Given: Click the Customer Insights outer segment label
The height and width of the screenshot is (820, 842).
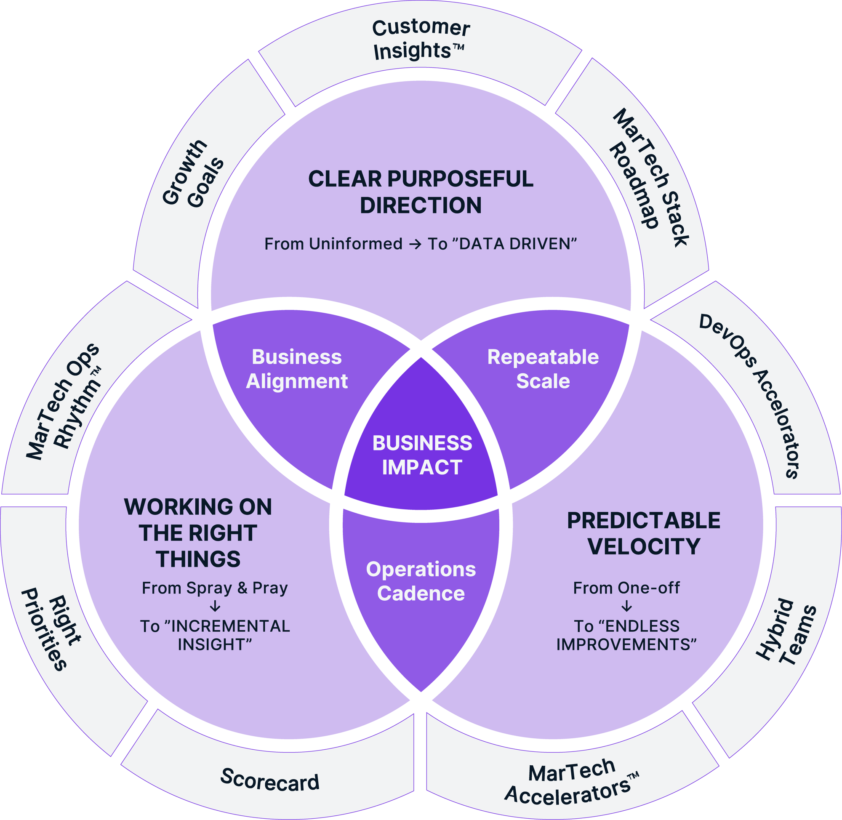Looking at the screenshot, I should click(x=420, y=40).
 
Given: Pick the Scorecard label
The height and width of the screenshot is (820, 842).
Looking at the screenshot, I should click(x=269, y=779).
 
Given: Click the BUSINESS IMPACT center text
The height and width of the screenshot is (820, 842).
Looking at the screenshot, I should click(x=422, y=455).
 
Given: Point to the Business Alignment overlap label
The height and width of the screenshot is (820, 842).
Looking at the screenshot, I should click(x=297, y=369).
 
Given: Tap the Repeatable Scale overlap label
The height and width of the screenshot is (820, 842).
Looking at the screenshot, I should click(x=543, y=369).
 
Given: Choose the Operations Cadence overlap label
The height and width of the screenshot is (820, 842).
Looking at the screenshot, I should click(x=421, y=581).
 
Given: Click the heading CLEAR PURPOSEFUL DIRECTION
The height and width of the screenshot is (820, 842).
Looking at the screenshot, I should click(x=421, y=192).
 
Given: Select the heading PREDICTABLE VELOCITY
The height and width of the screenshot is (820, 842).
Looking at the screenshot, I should click(x=643, y=534).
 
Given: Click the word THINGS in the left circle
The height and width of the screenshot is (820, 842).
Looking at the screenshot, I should click(x=198, y=559).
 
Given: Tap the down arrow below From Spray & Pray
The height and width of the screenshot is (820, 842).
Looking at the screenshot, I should click(x=215, y=607).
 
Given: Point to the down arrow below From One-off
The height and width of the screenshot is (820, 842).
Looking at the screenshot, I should click(x=626, y=607).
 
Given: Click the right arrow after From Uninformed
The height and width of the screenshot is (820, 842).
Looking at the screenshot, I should click(x=415, y=244).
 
